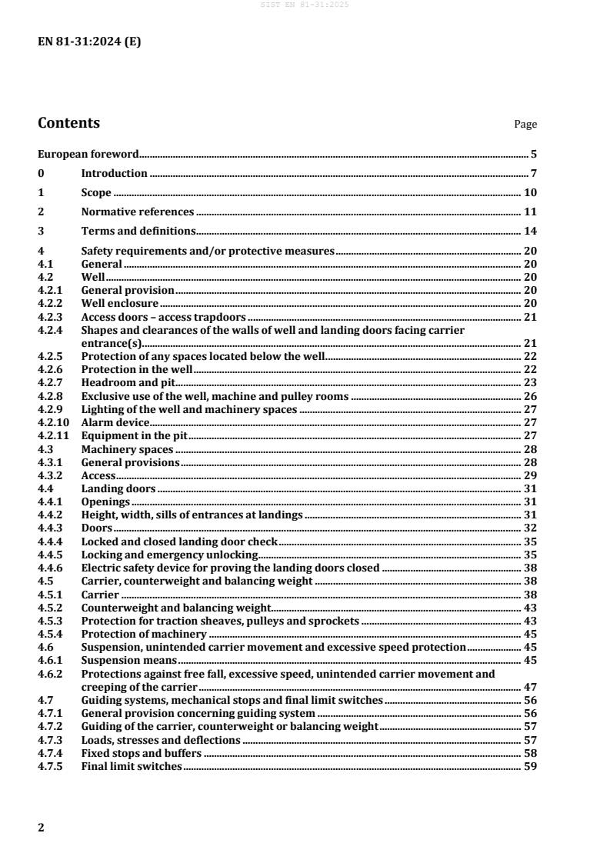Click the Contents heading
click(68, 123)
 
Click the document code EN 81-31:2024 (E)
click(89, 42)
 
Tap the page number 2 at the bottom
click(41, 828)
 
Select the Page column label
click(525, 125)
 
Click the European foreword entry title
click(88, 154)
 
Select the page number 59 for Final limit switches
click(529, 767)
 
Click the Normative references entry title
click(138, 212)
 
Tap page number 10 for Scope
click(529, 192)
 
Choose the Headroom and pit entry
click(128, 383)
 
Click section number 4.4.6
click(50, 568)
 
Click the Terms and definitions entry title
click(138, 231)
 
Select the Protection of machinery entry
click(144, 634)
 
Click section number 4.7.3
click(50, 740)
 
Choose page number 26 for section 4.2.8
click(529, 397)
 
